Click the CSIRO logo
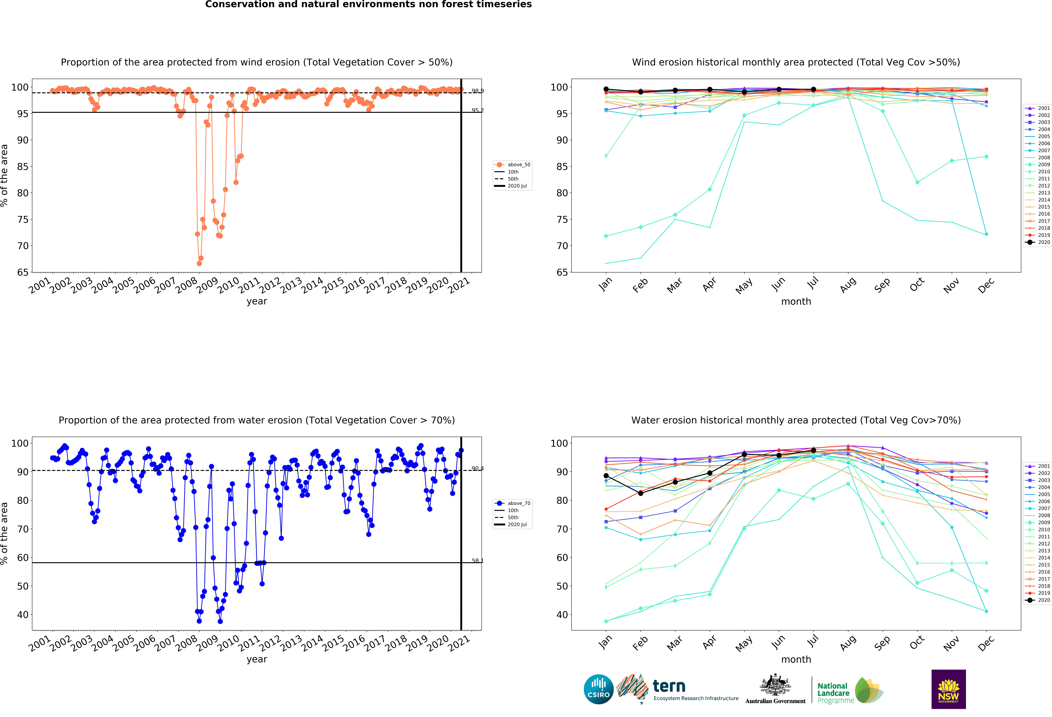coord(598,689)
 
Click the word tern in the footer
coord(669,686)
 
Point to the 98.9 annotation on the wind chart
coord(478,91)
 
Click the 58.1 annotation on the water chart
coord(478,561)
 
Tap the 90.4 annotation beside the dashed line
coord(478,469)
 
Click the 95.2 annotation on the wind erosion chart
coord(478,110)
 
